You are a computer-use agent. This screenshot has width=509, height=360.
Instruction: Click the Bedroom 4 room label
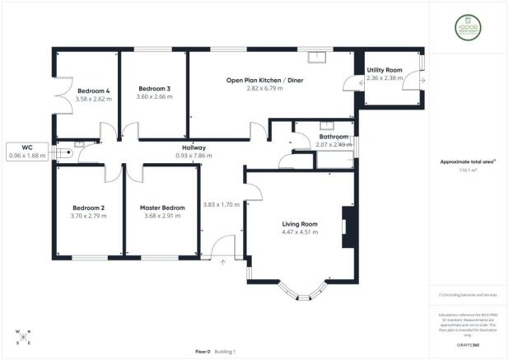(94, 90)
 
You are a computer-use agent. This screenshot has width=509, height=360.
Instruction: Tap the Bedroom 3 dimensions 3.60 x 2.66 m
(154, 97)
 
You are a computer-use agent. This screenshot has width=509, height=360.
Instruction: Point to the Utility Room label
(385, 72)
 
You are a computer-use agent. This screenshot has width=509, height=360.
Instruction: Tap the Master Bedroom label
(162, 207)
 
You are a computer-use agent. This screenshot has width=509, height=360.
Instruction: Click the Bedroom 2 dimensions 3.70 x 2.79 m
(89, 216)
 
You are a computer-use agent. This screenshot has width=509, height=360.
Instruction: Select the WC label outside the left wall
(26, 147)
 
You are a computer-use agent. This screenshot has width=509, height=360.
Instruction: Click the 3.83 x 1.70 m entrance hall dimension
(221, 204)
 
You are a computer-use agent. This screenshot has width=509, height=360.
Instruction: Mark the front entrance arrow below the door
(223, 264)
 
